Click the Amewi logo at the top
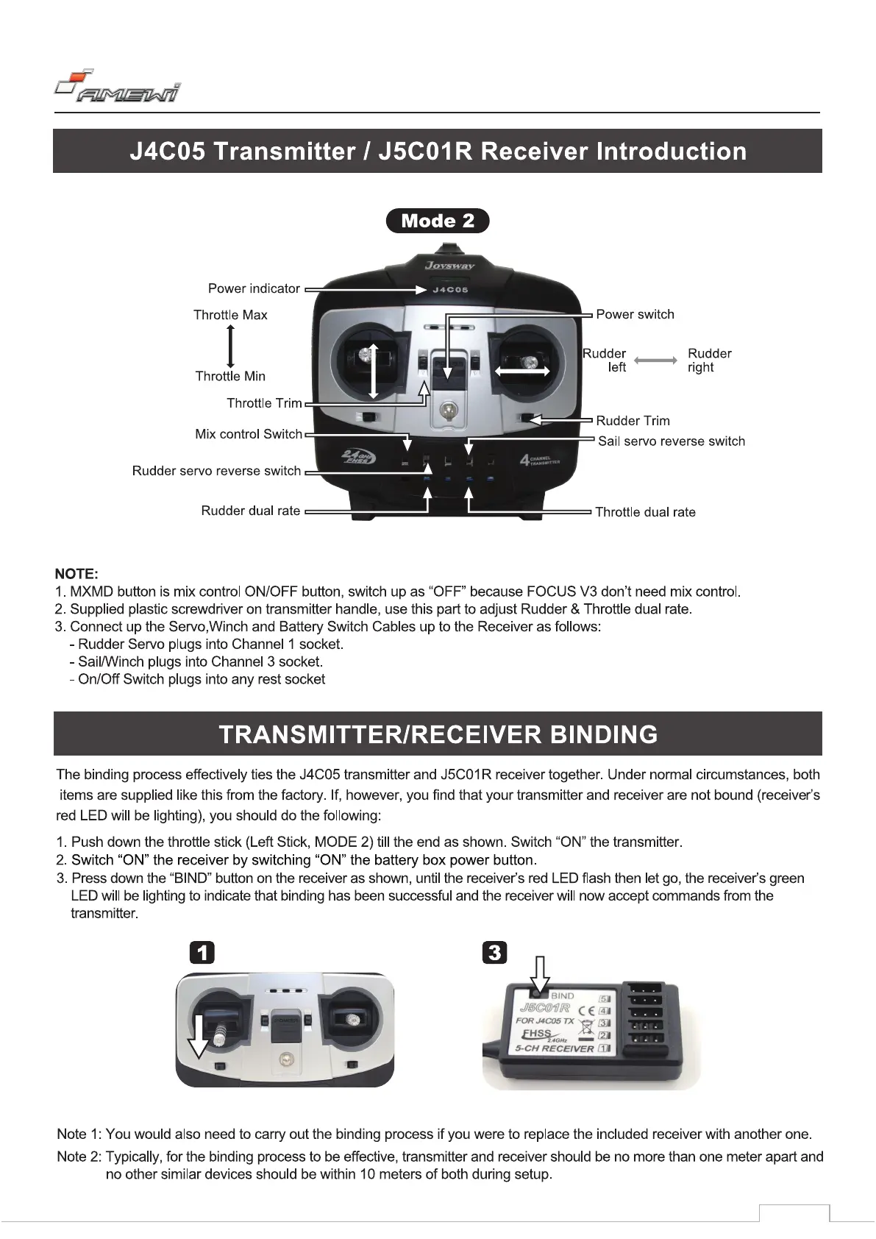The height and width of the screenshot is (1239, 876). point(118,87)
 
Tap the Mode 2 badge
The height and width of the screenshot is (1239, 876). point(438,221)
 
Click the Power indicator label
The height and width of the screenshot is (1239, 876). point(254,288)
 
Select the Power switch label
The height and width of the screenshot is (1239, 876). point(635,314)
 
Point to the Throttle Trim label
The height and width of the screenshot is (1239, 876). point(264,403)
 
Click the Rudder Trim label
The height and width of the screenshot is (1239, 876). point(633,421)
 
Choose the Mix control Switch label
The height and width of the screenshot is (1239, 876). point(249,434)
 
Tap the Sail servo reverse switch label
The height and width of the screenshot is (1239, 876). point(671,441)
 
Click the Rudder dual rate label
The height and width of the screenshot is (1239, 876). point(251,511)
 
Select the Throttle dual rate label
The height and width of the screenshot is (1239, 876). point(645,512)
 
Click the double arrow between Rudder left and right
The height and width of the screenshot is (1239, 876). point(655,361)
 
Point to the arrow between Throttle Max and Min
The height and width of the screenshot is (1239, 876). point(231,345)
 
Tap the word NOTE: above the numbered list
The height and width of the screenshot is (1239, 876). point(76,574)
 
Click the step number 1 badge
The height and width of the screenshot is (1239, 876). point(202,953)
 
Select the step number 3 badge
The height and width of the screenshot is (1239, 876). point(494,953)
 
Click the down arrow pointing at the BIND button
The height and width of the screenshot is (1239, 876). point(541,973)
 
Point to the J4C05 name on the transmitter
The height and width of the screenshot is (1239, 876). point(449,290)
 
